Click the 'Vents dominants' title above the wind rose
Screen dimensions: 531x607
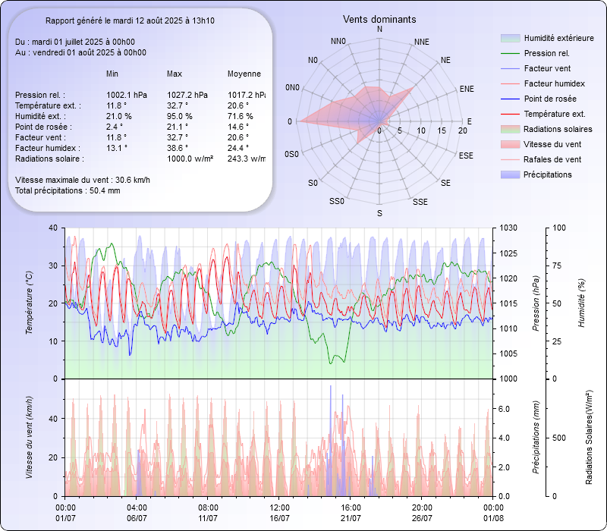379,19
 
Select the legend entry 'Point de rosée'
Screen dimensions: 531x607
549,99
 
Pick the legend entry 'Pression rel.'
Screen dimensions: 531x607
546,53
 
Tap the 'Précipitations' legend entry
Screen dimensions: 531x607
548,174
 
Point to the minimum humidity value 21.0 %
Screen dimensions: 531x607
119,116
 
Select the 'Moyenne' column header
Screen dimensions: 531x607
244,74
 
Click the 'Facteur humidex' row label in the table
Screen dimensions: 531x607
45,148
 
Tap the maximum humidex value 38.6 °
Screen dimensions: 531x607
179,148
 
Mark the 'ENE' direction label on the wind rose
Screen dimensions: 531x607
467,89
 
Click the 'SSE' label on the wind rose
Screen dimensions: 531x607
420,202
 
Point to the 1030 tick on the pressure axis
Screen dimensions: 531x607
508,228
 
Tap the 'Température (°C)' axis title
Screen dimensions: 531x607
30,303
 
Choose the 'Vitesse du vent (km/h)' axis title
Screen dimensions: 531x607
30,437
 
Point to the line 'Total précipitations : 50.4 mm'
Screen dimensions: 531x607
68,190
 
